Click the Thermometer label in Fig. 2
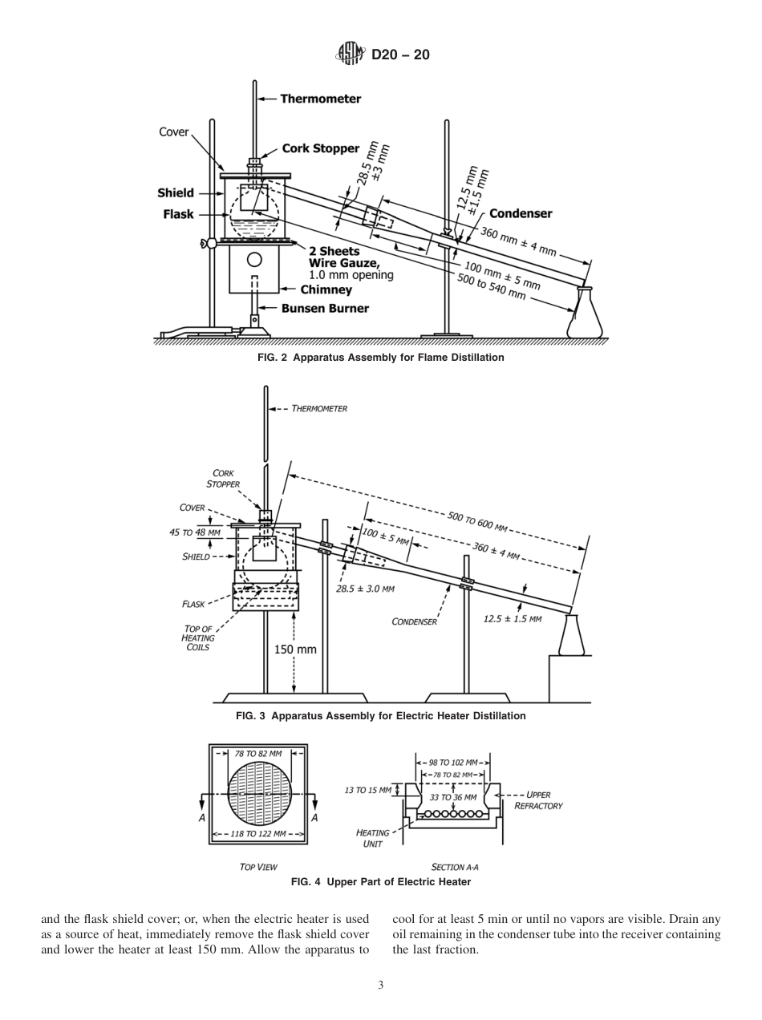tap(320, 99)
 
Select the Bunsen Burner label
tap(325, 309)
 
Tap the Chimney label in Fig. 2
tap(326, 290)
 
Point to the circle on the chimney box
tap(255, 259)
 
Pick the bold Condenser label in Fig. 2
tap(521, 213)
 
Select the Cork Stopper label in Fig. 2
tap(320, 149)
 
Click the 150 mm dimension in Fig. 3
tap(295, 650)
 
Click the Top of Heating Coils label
tap(198, 637)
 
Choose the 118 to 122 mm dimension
tap(257, 834)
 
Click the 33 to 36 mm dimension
tap(453, 798)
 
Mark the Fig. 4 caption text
tap(380, 882)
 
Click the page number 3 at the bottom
tap(381, 986)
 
